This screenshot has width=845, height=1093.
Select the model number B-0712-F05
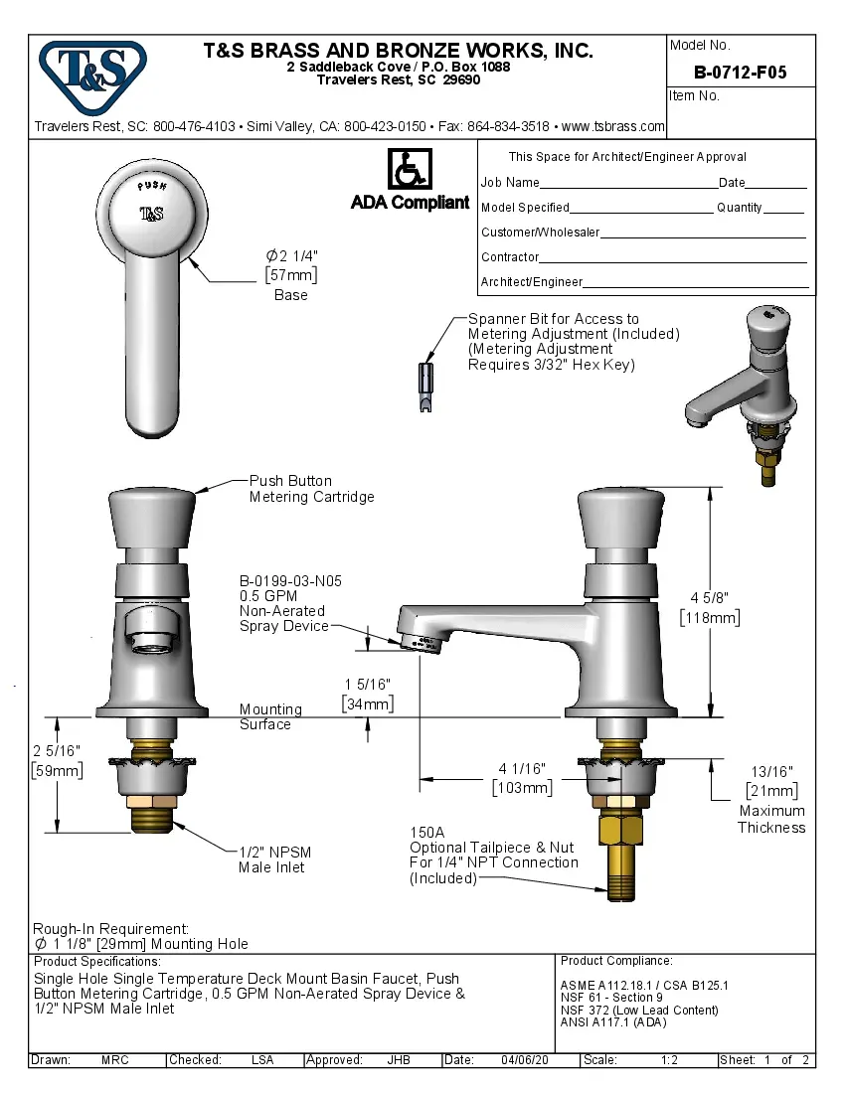740,73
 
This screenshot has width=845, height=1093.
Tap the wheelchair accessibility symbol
409,169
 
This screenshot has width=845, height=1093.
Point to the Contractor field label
510,257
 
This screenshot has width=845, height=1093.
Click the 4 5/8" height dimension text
710,597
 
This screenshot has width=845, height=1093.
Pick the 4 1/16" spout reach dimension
522,768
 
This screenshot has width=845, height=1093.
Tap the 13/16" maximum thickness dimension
771,771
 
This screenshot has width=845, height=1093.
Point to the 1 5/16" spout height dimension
367,685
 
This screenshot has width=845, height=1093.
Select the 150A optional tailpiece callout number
427,833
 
